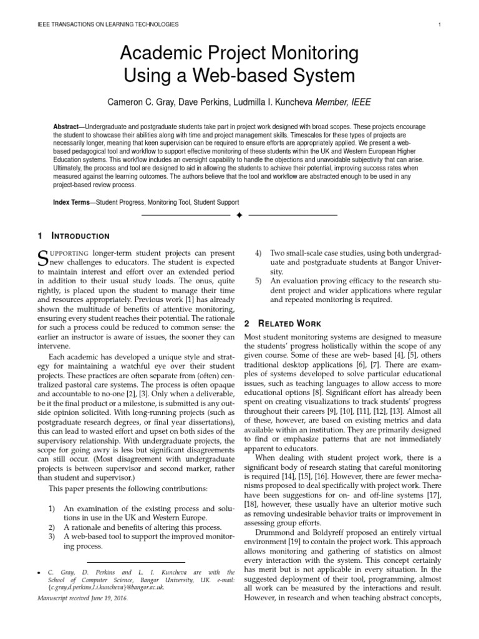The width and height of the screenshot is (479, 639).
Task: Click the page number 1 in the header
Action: point(440,24)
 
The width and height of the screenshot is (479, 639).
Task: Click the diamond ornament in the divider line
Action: point(239,215)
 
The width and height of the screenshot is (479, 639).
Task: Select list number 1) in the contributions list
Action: point(54,508)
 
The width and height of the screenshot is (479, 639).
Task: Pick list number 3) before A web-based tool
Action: point(54,536)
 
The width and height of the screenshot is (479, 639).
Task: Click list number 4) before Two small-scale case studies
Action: point(259,253)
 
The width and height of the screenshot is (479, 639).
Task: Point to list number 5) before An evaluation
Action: point(259,281)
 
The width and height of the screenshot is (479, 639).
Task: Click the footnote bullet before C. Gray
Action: point(39,572)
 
